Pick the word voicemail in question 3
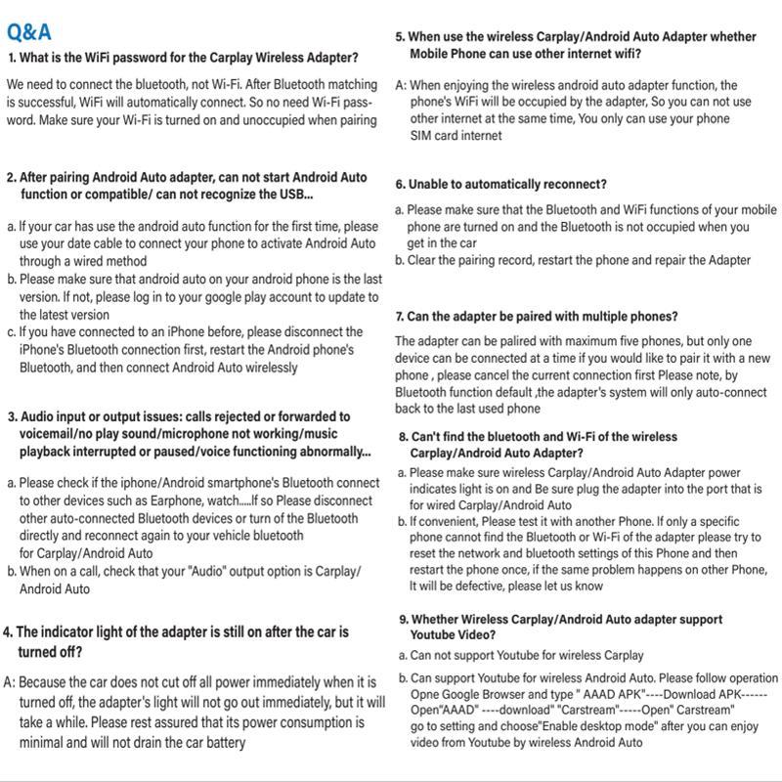click(49, 434)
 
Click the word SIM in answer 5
click(421, 136)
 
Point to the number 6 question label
click(400, 184)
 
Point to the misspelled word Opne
click(425, 694)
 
